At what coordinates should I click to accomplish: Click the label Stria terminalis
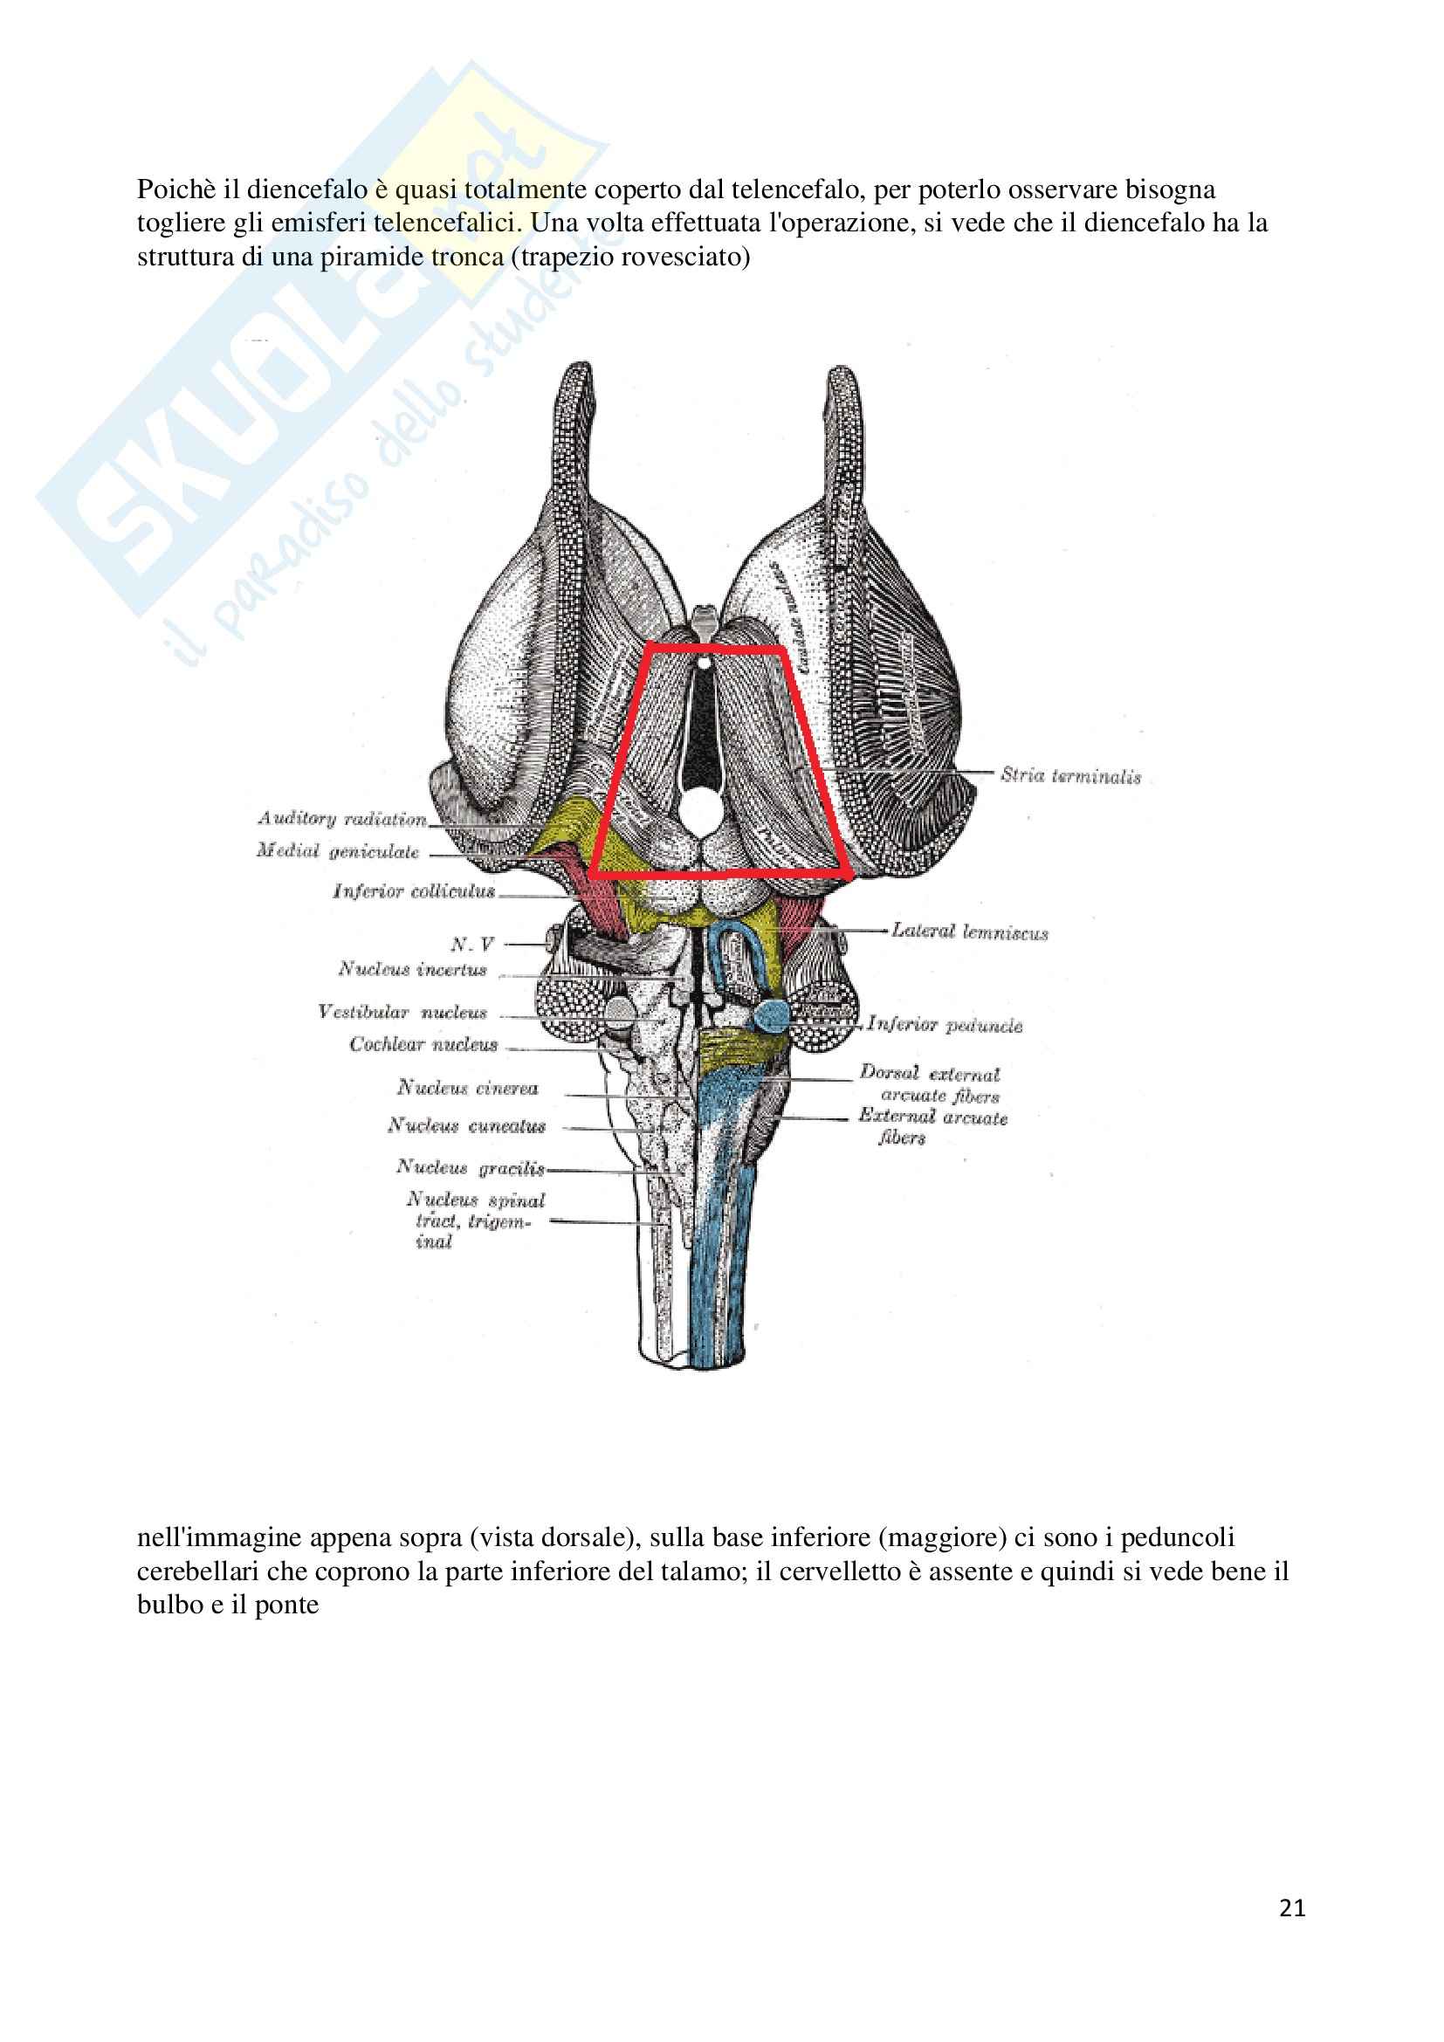(1069, 775)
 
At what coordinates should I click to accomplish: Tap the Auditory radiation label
(342, 818)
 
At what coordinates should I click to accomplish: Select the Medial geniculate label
(338, 851)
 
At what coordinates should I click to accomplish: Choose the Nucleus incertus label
(413, 968)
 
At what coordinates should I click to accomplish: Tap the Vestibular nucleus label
(402, 1012)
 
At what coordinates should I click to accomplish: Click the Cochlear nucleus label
(423, 1044)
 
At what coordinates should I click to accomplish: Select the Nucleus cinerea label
(468, 1088)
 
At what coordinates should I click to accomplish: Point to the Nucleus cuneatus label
(467, 1126)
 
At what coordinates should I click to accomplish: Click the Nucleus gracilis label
(471, 1167)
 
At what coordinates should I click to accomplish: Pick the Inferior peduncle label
(945, 1025)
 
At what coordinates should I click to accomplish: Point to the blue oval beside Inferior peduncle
(770, 1014)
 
